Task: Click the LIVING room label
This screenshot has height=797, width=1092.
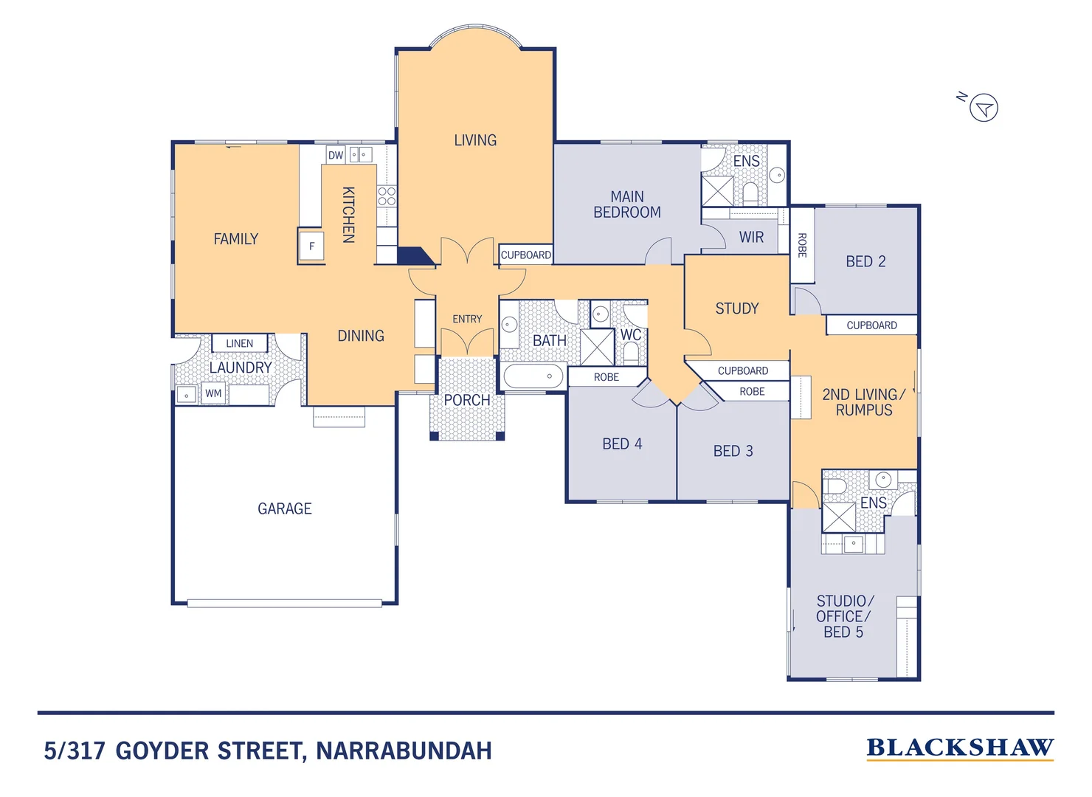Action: [475, 140]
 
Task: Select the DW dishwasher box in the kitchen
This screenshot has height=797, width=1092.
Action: [336, 155]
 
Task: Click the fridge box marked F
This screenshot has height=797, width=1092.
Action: [311, 246]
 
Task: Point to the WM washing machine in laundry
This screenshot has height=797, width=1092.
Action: [213, 393]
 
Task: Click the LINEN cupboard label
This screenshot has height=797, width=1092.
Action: [239, 343]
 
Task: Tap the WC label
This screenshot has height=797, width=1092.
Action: [630, 335]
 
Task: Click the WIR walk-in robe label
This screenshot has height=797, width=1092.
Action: [751, 237]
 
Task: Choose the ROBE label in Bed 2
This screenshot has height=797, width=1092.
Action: [802, 245]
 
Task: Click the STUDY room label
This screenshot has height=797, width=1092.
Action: [736, 308]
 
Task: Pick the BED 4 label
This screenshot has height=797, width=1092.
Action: [622, 444]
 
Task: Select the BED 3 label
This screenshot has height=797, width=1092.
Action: [733, 451]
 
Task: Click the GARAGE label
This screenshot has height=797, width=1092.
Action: [284, 508]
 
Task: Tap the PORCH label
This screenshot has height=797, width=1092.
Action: [466, 400]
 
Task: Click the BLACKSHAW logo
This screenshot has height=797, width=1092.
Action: [959, 748]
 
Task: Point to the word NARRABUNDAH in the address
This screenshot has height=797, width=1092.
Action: [404, 751]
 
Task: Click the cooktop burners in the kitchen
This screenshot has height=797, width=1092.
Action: [387, 196]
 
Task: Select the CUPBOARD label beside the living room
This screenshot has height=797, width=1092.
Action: [525, 255]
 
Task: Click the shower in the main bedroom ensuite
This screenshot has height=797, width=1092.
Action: [717, 191]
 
